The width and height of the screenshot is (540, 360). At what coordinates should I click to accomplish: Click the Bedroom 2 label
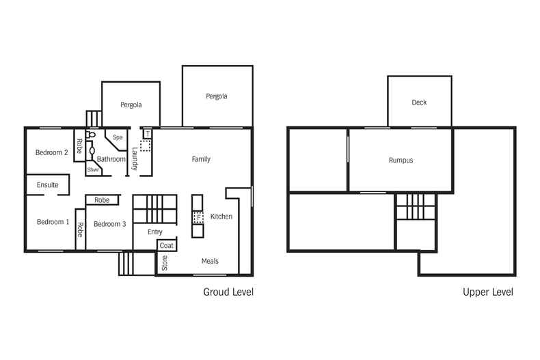click(52, 152)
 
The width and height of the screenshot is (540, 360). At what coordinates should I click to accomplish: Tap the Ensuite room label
click(48, 185)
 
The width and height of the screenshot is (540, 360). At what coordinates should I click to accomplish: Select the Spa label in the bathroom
click(118, 137)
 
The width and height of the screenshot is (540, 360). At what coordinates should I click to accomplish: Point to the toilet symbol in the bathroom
click(91, 135)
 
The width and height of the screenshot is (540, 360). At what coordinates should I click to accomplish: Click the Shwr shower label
click(93, 169)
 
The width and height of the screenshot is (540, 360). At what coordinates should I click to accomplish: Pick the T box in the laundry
click(148, 134)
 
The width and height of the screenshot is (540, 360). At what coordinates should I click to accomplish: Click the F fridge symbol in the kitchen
click(198, 217)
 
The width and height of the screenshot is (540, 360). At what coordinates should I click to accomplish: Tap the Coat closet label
click(166, 245)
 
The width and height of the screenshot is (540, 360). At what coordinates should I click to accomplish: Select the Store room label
click(165, 263)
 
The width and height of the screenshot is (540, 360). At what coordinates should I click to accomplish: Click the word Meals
click(210, 261)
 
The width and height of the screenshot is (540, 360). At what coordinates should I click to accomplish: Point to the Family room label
click(201, 159)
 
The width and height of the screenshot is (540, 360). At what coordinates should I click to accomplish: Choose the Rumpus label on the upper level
click(401, 160)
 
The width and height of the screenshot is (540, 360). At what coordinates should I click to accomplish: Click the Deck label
click(419, 102)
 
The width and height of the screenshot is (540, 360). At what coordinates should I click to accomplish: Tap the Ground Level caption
click(228, 292)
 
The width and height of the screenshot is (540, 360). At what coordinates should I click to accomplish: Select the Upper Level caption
click(488, 292)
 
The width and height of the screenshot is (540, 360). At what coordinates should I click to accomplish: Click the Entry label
click(155, 232)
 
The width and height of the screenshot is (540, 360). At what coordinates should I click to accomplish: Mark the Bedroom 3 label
click(110, 224)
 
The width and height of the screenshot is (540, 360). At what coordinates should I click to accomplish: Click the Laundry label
click(135, 158)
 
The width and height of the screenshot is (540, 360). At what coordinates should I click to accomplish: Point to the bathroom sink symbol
click(92, 151)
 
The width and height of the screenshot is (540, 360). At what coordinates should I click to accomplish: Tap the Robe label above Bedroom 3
click(102, 200)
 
